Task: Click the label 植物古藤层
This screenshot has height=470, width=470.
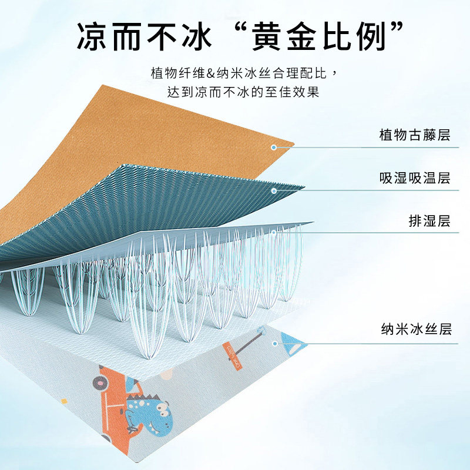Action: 415,136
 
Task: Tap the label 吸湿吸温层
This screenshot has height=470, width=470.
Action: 415,179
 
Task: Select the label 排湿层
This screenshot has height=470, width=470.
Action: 429,221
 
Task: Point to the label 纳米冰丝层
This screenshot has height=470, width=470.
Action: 415,330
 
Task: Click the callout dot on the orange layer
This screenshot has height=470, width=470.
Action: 273,147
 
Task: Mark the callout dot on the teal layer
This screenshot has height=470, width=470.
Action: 274,190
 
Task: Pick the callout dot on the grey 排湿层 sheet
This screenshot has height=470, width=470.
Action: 274,233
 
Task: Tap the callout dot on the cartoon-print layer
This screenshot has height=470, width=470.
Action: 274,341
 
